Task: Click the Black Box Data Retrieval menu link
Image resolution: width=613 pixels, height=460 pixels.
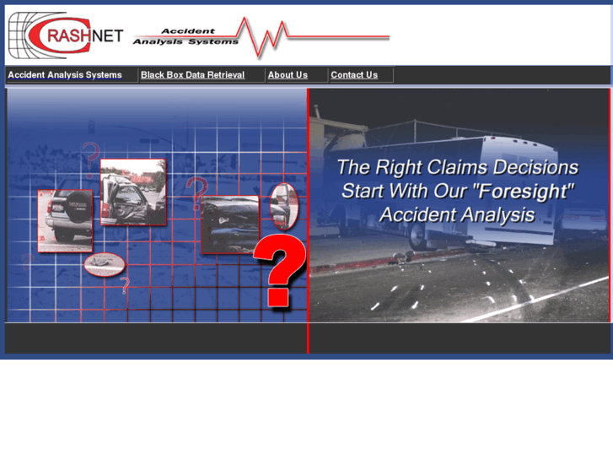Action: (192, 75)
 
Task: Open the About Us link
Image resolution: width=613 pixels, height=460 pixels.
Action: (288, 75)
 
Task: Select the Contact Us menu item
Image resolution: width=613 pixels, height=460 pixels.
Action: (354, 75)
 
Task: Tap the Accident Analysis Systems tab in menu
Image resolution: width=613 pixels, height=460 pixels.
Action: (65, 75)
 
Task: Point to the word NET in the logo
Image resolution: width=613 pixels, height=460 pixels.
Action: (106, 35)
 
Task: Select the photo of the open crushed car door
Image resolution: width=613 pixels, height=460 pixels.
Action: (132, 192)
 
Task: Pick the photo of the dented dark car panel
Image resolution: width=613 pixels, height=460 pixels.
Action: (229, 224)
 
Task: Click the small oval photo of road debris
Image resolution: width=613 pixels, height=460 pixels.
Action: (104, 265)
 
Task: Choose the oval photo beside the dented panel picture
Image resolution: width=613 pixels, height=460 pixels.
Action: (283, 205)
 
